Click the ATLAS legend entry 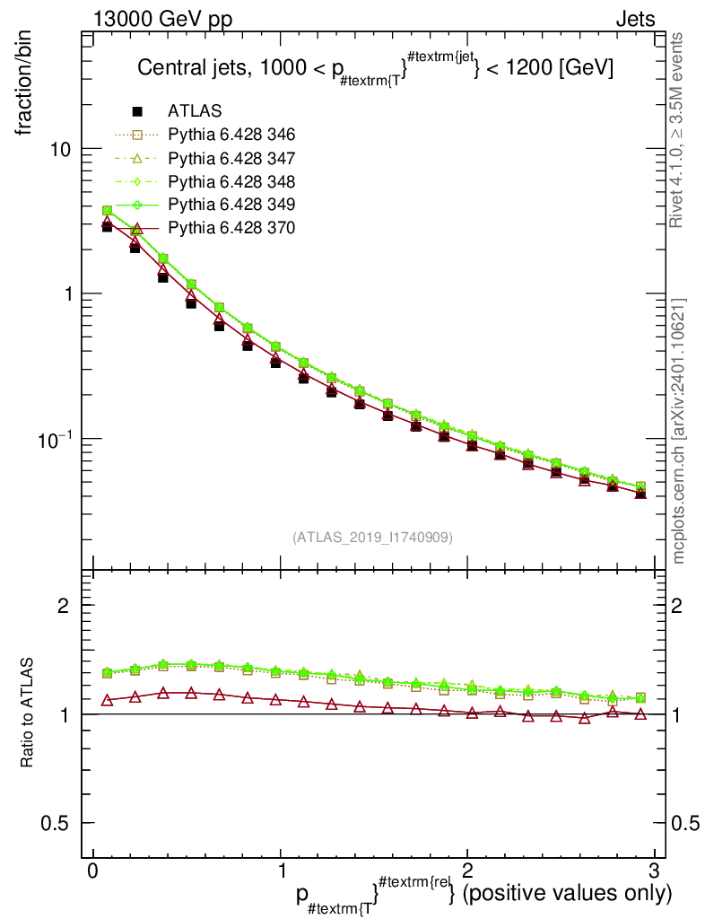193,111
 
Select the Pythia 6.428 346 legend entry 231,135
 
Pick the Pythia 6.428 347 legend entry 231,158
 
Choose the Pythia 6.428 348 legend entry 231,181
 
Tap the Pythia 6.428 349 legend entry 231,205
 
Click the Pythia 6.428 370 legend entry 231,228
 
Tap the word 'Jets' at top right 634,18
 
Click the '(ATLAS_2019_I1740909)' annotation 372,538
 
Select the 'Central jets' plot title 375,69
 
